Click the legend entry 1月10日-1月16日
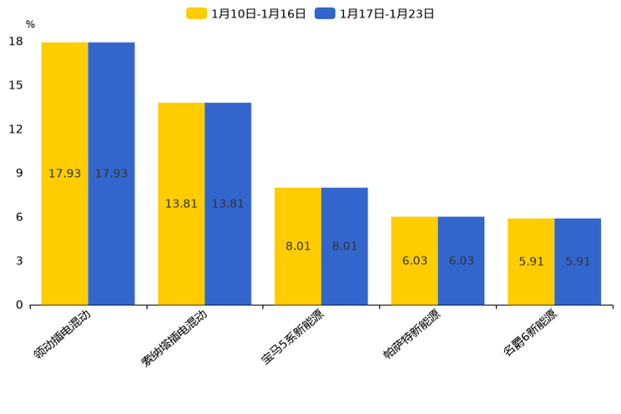coord(247,13)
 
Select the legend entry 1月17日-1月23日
coord(376,13)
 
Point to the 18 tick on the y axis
coord(16,42)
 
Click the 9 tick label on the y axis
coord(19,173)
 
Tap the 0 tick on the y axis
coord(19,305)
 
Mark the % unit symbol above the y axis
coord(30,25)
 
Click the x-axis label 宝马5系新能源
coord(294,336)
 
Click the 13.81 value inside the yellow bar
coord(181,204)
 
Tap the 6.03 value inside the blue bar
coord(461,260)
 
